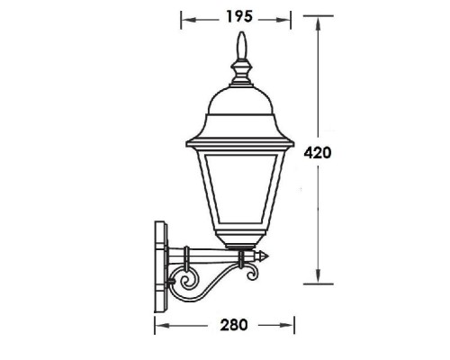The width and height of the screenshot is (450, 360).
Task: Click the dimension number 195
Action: click(x=238, y=17)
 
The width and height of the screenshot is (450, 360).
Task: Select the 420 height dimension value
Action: click(x=319, y=153)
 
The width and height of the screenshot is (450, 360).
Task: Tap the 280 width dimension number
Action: click(x=227, y=322)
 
